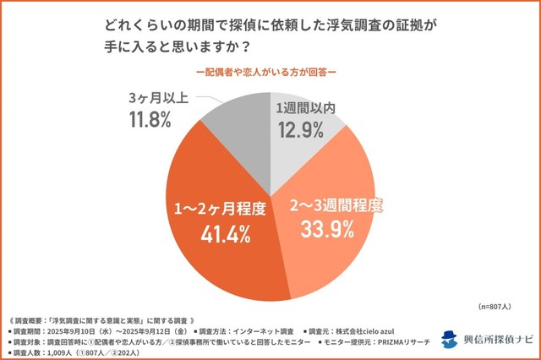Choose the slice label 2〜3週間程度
(x=336, y=204)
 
